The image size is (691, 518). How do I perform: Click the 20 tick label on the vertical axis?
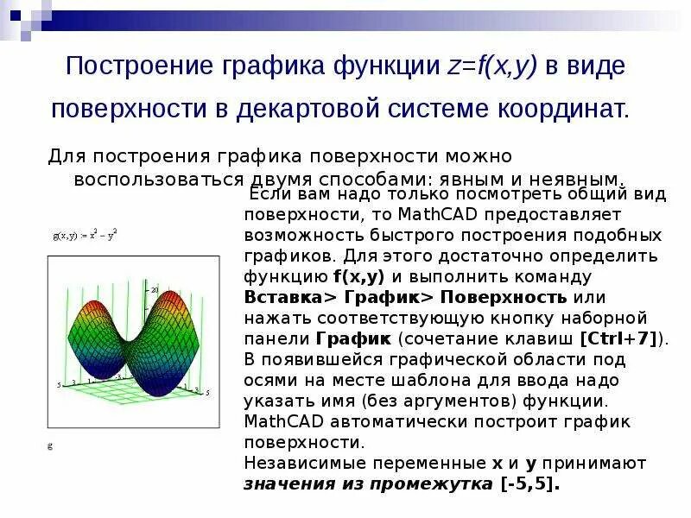point(156,290)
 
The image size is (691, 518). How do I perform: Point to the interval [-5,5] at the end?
point(529,483)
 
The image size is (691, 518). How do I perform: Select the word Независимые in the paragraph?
point(301,463)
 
